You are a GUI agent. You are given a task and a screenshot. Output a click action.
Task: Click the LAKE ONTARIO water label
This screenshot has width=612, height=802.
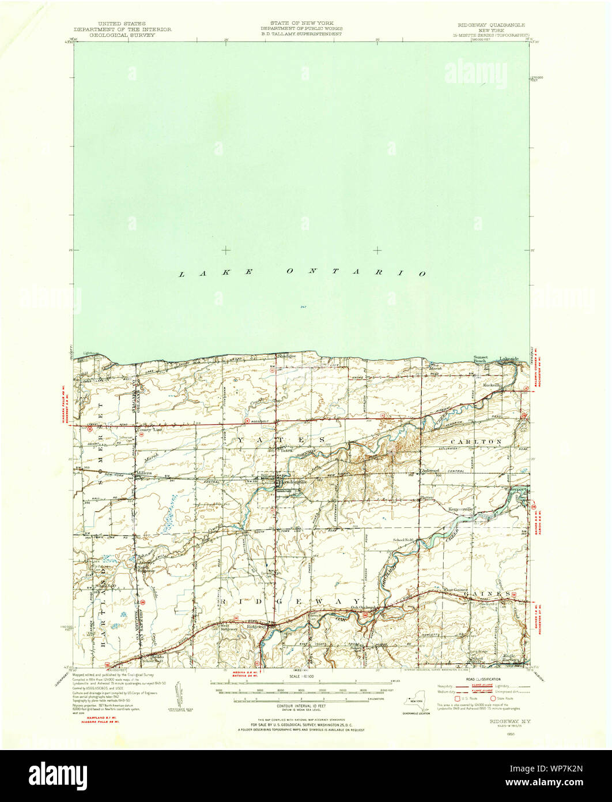point(302,272)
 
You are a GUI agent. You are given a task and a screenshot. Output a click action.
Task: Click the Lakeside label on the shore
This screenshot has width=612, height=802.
point(509,358)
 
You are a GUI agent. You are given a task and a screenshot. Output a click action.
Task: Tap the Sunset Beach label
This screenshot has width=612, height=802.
point(481,359)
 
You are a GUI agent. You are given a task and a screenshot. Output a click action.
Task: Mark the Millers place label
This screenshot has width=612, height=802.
point(143,473)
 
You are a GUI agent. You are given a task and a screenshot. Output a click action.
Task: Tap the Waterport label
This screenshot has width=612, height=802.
point(516,489)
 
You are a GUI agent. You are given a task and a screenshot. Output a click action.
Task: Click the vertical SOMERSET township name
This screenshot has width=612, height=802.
point(101,421)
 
